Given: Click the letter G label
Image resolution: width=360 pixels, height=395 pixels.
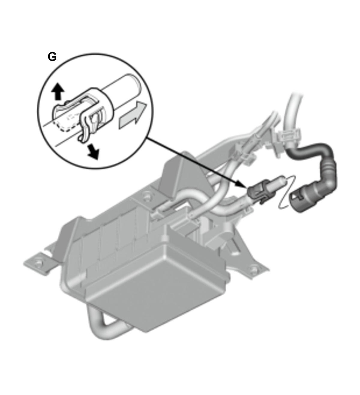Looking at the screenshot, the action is pyautogui.click(x=52, y=57).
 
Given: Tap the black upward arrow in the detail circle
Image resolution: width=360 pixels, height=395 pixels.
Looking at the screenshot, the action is pyautogui.click(x=58, y=91).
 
